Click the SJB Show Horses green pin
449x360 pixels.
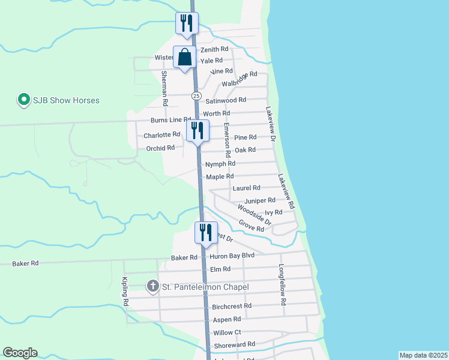[23, 100]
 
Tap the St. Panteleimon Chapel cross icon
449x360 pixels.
[153, 287]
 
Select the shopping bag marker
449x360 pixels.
[185, 58]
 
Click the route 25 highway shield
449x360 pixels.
[196, 96]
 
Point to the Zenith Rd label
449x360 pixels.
[214, 49]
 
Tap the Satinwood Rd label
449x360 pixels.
[226, 100]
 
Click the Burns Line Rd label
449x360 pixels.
[170, 120]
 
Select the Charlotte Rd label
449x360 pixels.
[161, 135]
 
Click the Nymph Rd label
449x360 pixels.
[220, 164]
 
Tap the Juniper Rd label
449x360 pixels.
[260, 200]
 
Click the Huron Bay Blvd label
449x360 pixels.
[232, 256]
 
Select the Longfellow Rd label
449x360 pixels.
[281, 286]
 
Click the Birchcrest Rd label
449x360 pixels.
[231, 306]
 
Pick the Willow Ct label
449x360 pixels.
[227, 332]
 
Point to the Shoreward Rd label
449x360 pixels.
[235, 344]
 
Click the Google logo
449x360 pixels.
[20, 353]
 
